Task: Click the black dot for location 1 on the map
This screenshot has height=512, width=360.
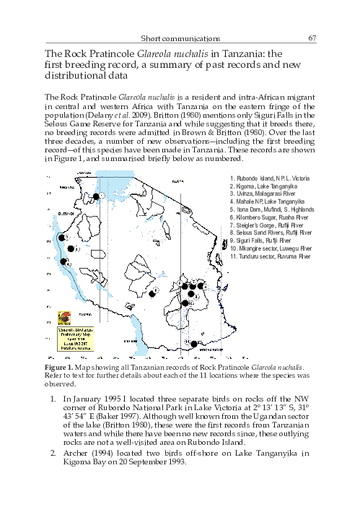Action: pyautogui.click(x=95, y=196)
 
